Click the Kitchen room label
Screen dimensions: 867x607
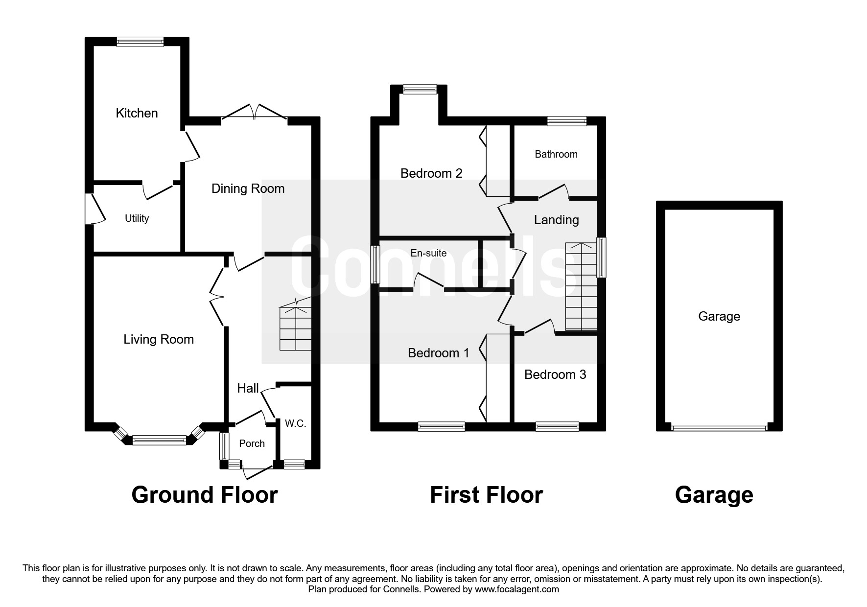(x=137, y=113)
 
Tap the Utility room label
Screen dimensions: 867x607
(x=137, y=218)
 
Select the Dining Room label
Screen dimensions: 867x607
(x=248, y=188)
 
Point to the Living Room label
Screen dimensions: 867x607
(x=159, y=339)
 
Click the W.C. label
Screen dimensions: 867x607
(x=296, y=423)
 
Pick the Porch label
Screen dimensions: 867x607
(x=252, y=444)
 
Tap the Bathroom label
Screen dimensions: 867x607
(x=556, y=154)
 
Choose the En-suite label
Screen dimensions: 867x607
(x=428, y=253)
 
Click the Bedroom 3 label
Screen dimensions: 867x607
(x=555, y=374)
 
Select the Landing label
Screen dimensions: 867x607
(x=556, y=220)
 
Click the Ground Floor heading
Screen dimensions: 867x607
(x=205, y=495)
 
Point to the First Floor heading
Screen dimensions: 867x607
(x=486, y=495)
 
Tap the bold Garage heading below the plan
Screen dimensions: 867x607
(x=714, y=495)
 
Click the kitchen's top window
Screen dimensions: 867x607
(x=140, y=42)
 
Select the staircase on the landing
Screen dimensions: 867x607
(x=582, y=286)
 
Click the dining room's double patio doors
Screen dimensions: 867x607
(x=255, y=112)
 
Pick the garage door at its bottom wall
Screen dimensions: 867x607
(x=719, y=428)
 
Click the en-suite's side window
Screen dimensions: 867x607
(x=375, y=264)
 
